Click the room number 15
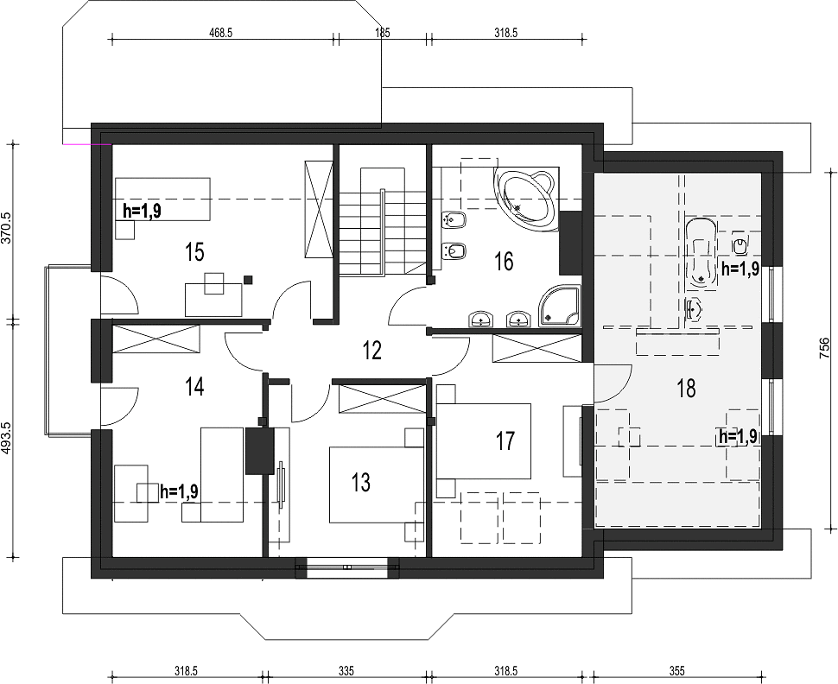pos(195,251)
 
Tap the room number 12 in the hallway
pos(372,351)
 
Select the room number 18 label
pos(686,388)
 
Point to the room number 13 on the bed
pos(361,482)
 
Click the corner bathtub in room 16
pos(526,199)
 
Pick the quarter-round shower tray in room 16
pos(559,306)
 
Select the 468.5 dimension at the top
pos(220,33)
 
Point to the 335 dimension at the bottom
pos(346,671)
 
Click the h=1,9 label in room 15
pos(142,211)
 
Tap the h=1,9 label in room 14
pos(179,491)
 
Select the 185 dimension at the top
pos(382,33)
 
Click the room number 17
pos(505,440)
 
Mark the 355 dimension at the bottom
pos(676,671)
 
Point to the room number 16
pos(504,262)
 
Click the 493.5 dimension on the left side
pos(8,438)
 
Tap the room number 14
pos(194,386)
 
